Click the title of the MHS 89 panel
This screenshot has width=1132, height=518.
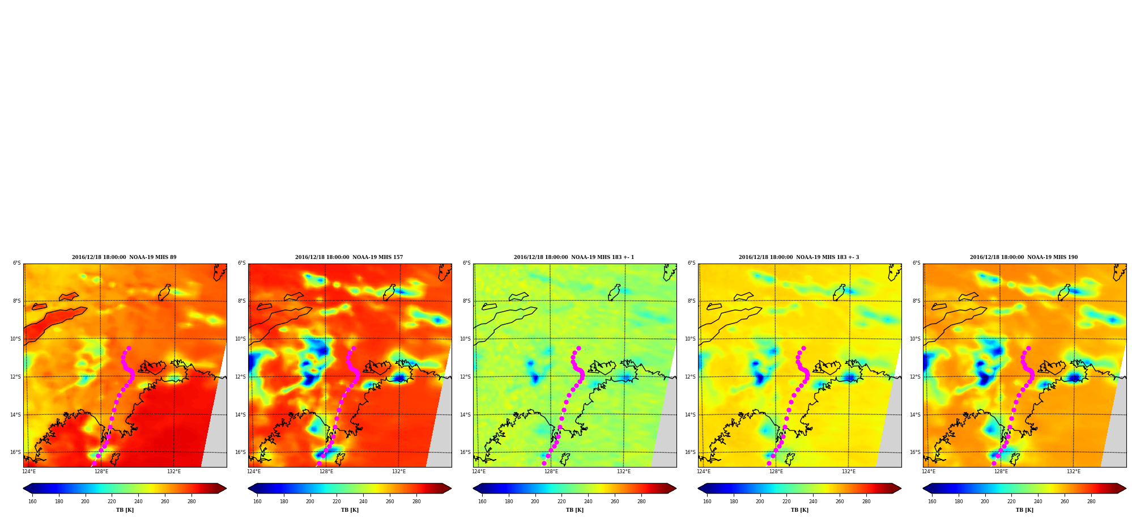[x=124, y=257]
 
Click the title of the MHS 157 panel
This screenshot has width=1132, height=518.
[x=349, y=257]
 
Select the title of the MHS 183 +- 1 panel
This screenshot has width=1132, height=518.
[x=574, y=257]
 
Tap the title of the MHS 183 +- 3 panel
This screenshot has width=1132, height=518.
[x=799, y=257]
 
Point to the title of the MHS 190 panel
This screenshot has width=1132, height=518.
[x=1024, y=257]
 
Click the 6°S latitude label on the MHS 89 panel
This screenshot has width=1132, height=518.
[x=17, y=264]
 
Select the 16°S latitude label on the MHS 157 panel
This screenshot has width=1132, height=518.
[x=241, y=452]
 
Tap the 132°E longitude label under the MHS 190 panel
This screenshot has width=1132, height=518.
[x=1074, y=472]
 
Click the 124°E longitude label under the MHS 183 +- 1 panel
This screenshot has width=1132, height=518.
[x=479, y=472]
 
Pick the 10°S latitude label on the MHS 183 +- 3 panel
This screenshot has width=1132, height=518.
[x=691, y=339]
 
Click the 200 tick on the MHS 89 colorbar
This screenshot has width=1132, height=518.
[x=85, y=501]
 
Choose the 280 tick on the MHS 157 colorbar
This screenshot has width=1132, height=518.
[x=416, y=501]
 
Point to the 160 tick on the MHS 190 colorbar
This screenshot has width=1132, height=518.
[x=932, y=501]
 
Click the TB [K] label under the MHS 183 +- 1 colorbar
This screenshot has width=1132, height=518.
[x=574, y=510]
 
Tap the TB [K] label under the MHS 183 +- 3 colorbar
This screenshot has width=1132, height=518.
[x=799, y=510]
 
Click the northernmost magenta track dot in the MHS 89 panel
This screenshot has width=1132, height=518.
[x=129, y=348]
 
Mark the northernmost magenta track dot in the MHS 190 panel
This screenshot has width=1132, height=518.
[x=1028, y=348]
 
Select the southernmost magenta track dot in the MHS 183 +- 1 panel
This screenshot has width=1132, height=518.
[x=544, y=463]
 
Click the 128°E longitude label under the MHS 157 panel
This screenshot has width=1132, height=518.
[x=326, y=472]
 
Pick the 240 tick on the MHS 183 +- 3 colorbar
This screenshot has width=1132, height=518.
[x=813, y=501]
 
